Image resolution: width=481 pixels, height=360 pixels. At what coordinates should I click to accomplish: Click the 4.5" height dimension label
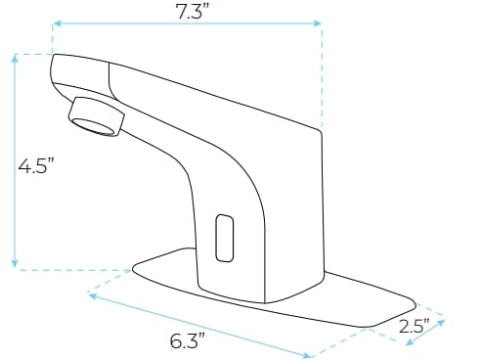[35, 165]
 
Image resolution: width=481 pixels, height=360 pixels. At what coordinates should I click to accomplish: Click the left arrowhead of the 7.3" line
[56, 23]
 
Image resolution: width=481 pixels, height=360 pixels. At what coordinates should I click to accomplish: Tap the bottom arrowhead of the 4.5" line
[15, 264]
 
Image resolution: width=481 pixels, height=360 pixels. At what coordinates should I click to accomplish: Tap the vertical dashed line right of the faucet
[322, 78]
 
